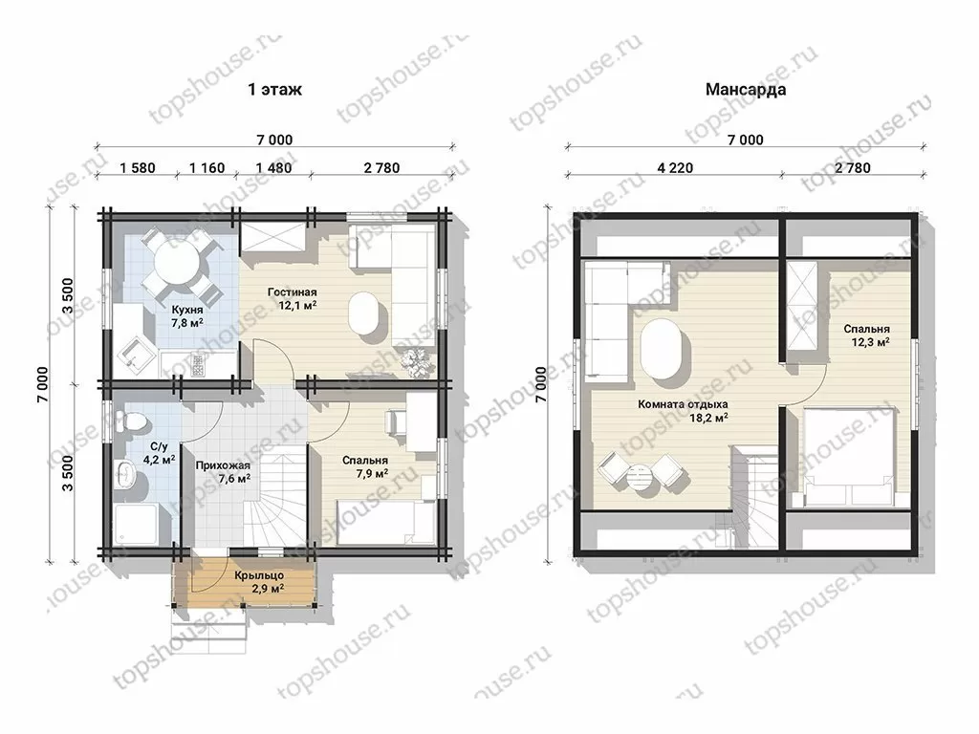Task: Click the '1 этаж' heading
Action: tap(274, 89)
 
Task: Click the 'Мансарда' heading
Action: tap(746, 89)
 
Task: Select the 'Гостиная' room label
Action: tap(293, 292)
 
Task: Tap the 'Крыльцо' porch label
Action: tap(259, 575)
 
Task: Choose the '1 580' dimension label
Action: tap(138, 168)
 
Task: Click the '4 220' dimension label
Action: tap(675, 168)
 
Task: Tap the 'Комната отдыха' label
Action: tap(683, 404)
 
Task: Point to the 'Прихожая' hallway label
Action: tap(223, 465)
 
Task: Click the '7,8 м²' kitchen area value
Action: tap(187, 323)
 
